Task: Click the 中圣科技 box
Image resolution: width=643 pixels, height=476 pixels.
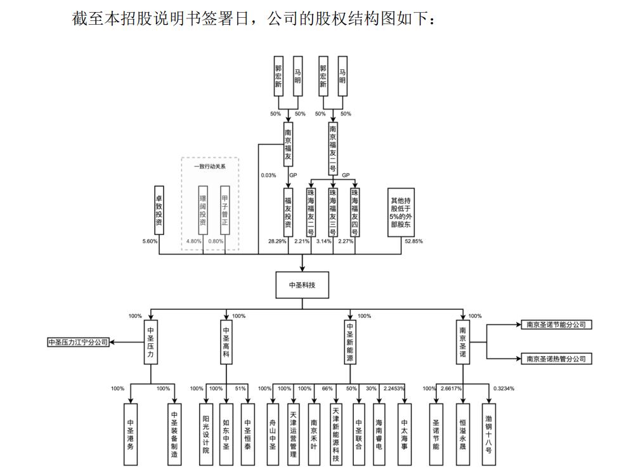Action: point(302,285)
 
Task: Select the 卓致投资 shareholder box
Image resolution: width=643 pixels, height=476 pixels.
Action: point(159,210)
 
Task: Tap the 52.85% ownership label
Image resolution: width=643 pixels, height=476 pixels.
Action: point(413,242)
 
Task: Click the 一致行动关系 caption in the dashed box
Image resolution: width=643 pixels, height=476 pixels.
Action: point(210,166)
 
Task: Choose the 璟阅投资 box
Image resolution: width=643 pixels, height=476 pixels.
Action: point(203,206)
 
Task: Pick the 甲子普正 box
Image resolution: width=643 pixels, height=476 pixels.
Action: point(224,206)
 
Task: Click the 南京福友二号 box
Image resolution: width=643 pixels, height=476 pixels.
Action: point(332,149)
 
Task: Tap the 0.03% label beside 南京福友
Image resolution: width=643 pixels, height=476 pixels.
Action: point(269,175)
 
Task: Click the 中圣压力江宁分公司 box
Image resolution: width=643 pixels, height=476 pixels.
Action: point(79,342)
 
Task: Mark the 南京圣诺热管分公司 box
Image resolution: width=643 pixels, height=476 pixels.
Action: point(555,359)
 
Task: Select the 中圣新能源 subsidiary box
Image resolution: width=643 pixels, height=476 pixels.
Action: point(350,342)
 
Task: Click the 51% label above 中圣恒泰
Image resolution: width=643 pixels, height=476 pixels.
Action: point(240,388)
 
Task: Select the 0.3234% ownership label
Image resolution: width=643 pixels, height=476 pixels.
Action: point(504,388)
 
